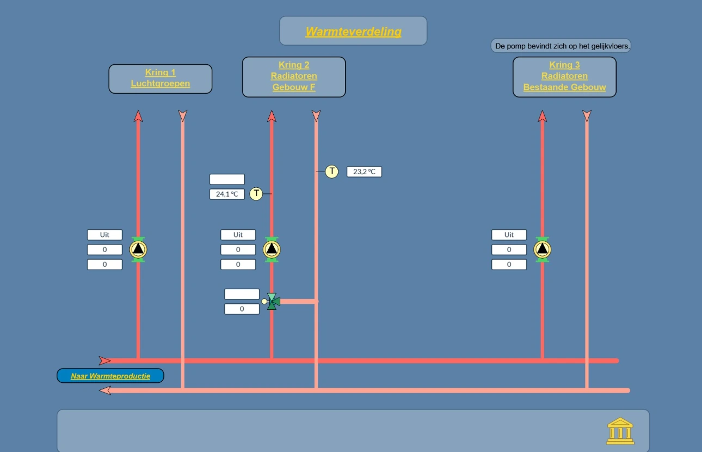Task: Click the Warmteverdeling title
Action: tap(353, 32)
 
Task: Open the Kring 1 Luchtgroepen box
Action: tap(161, 79)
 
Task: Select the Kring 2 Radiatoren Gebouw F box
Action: tap(294, 77)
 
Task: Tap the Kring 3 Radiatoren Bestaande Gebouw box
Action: tap(564, 77)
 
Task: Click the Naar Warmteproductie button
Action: tap(110, 376)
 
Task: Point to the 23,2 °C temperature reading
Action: tap(364, 172)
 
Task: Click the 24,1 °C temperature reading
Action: tap(227, 194)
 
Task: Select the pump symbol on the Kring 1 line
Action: tap(138, 249)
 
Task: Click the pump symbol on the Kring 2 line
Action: tap(272, 249)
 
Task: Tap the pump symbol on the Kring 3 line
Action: tap(543, 249)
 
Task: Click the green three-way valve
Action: tap(272, 302)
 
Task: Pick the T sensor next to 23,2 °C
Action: tap(332, 172)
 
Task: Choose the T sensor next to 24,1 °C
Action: tap(256, 194)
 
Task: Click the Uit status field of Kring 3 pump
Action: tap(509, 235)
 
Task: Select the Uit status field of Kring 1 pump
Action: tap(104, 235)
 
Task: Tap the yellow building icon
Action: tap(620, 431)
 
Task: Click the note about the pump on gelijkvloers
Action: tap(561, 46)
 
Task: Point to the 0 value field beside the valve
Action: tap(242, 309)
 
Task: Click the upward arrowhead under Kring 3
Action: tap(543, 116)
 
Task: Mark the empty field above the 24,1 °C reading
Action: tap(227, 179)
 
